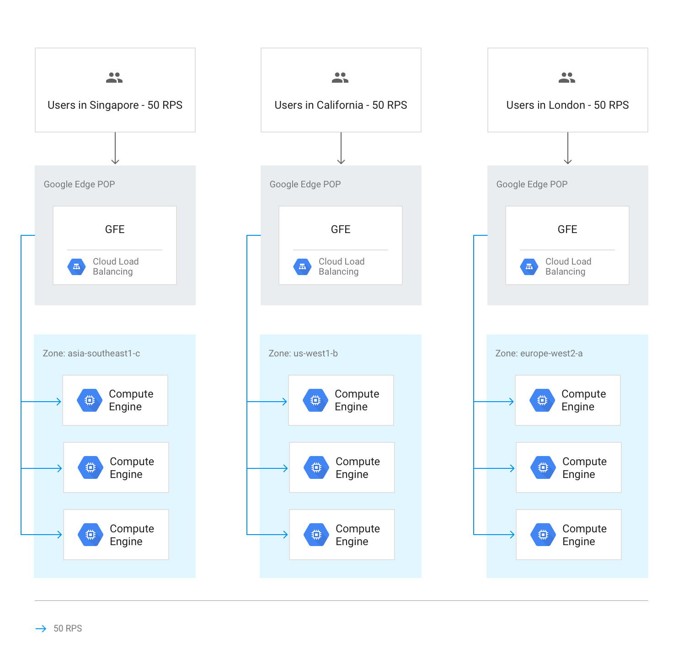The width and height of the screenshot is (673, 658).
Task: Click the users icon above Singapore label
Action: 114,78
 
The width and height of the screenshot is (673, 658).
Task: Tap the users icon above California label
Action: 340,78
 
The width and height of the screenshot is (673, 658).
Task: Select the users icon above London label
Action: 567,78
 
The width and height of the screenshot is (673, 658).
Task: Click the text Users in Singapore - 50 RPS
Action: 115,105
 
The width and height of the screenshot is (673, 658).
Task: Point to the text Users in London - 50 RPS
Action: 567,105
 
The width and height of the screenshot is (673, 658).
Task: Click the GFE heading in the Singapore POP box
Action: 115,229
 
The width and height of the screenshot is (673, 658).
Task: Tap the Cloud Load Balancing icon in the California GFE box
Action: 303,267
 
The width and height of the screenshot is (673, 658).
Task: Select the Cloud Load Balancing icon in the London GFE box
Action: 529,267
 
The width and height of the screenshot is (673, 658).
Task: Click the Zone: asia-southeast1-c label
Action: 91,353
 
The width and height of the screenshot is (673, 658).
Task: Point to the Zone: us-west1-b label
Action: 303,353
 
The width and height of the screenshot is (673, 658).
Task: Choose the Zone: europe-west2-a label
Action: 539,353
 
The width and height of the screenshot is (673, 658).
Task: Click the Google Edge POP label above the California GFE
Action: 305,184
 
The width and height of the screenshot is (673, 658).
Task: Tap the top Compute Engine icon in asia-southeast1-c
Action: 90,400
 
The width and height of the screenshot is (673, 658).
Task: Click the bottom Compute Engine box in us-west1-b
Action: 342,535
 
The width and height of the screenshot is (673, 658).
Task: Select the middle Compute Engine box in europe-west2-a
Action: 568,467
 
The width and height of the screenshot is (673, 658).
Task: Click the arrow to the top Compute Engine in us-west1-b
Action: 273,402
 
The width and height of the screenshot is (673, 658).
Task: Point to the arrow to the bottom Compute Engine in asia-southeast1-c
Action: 48,535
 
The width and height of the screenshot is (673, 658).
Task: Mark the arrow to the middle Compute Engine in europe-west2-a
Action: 501,468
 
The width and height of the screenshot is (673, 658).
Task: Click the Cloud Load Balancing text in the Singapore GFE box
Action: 116,266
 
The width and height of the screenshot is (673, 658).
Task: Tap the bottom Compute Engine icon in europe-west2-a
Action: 543,535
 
